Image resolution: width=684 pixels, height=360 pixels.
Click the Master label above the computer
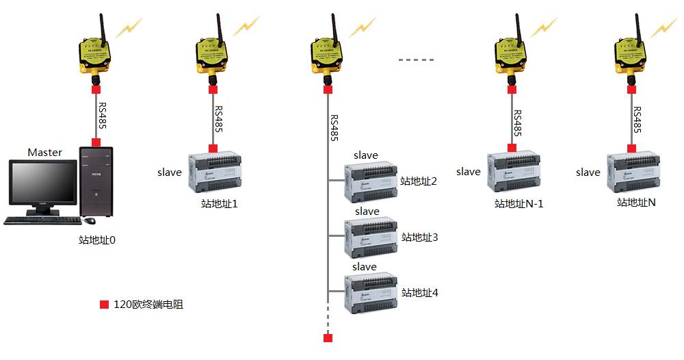(44, 152)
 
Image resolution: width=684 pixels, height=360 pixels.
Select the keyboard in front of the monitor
(40, 220)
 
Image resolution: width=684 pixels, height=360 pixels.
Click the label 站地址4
(419, 293)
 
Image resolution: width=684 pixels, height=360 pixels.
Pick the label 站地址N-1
(518, 204)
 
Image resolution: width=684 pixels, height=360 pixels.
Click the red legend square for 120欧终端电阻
(104, 305)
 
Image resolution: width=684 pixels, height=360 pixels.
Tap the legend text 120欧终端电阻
(148, 305)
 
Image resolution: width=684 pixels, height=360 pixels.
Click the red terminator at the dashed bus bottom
(328, 338)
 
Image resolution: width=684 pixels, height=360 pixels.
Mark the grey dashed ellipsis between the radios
(416, 60)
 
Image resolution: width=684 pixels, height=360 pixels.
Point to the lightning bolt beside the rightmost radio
(662, 27)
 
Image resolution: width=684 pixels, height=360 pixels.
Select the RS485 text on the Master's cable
(102, 117)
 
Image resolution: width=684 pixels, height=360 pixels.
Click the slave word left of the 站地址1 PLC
(170, 172)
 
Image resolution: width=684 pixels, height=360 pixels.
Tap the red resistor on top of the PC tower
(96, 142)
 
